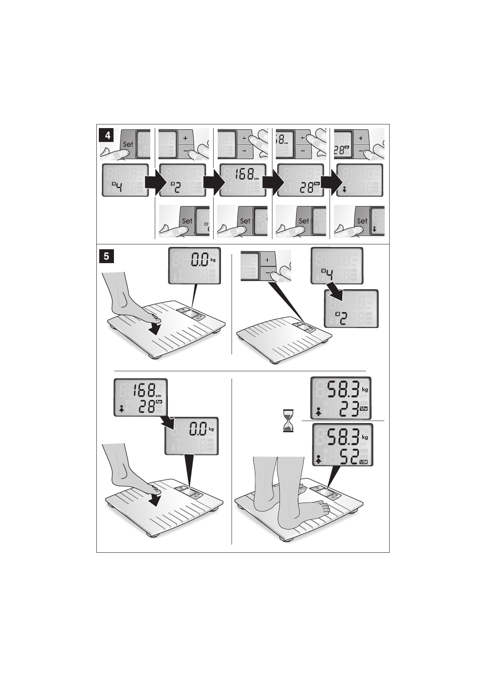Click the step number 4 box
pos(108,136)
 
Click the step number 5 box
pos(106,256)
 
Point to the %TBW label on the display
pos(363,462)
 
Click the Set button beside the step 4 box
pos(128,144)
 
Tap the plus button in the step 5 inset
pos(268,260)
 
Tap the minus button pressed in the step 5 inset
pos(268,272)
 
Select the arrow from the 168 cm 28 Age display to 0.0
pos(167,421)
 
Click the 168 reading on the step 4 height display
pos(243,175)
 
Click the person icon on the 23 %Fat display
pos(319,412)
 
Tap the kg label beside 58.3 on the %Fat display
pos(365,390)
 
